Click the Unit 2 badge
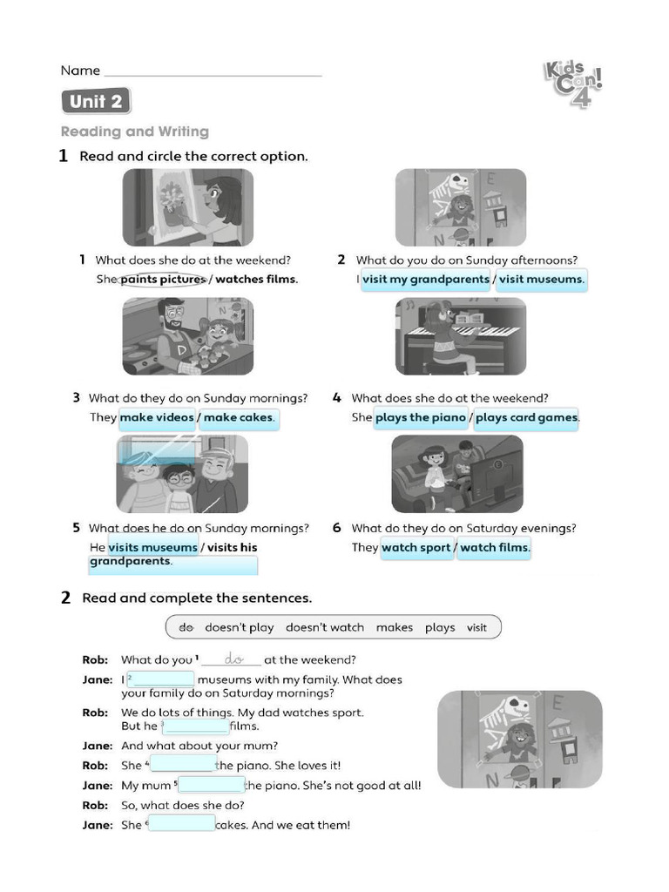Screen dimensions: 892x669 [96, 102]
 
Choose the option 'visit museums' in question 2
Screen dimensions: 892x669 [541, 280]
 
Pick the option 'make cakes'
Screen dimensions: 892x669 [238, 417]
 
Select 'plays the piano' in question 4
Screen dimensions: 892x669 [421, 417]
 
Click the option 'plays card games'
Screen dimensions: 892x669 [526, 417]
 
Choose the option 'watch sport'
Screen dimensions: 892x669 [416, 548]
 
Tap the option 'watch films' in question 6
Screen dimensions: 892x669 [494, 548]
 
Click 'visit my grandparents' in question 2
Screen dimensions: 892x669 [426, 280]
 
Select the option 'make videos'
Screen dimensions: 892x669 [157, 417]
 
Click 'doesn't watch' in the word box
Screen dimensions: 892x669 [325, 627]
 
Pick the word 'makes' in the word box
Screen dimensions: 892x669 [395, 627]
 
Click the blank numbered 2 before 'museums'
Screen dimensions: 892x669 [163, 679]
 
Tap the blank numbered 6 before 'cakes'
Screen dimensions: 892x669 [181, 824]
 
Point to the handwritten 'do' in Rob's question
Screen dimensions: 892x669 [233, 659]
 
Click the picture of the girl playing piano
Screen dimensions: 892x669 [460, 336]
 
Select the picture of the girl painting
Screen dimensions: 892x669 [187, 207]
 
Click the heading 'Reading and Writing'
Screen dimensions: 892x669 [135, 132]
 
